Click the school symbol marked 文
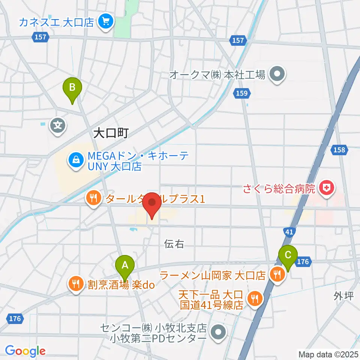tap(58, 125)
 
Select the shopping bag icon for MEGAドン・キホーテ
tap(76, 160)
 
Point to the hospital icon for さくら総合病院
tap(326, 188)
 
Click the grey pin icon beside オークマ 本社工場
tap(277, 75)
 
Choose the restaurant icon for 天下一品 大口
tap(255, 298)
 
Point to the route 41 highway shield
tap(289, 232)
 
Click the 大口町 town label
tap(111, 133)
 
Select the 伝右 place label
tap(174, 244)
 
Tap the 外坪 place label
tap(343, 296)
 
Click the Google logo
tap(25, 351)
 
